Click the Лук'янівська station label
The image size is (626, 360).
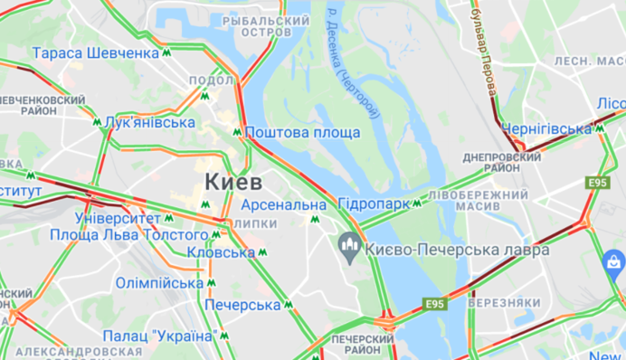150,122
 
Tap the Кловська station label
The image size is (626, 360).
222,252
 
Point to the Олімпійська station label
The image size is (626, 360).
159,283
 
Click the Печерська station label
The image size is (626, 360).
242,305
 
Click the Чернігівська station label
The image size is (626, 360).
545,128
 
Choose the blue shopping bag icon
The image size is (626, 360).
612,265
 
